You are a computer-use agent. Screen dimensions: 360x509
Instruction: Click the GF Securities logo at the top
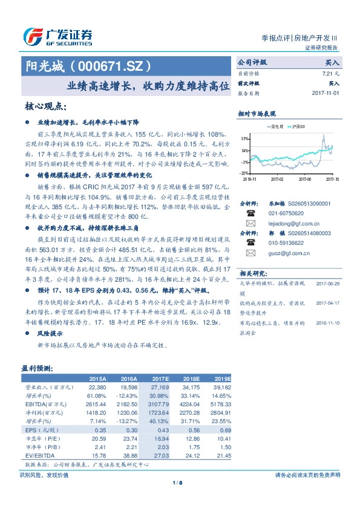click(57, 37)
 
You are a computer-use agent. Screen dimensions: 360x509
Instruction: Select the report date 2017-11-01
click(326, 94)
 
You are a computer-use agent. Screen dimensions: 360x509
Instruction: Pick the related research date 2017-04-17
click(327, 299)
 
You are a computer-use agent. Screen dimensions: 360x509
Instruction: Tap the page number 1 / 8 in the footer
click(179, 482)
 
